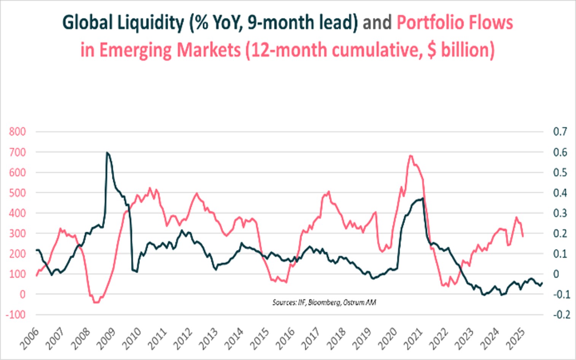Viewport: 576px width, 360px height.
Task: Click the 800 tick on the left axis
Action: click(18, 132)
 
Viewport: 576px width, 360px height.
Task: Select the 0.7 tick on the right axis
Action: click(560, 132)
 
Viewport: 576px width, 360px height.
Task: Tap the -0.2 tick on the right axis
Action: click(561, 314)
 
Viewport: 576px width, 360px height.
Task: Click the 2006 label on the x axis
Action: click(30, 338)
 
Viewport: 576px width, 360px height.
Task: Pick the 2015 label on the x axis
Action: click(260, 338)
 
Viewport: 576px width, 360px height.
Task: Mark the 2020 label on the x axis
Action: click(388, 338)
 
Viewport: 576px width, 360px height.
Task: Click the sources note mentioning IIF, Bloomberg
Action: click(324, 303)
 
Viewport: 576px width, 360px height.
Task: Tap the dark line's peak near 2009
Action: click(107, 152)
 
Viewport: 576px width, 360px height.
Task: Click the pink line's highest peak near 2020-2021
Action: click(410, 155)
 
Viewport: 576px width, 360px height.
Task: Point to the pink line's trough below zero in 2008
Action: click(95, 303)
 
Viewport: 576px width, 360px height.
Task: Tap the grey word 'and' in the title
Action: click(377, 23)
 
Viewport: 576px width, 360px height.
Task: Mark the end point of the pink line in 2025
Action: click(523, 236)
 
